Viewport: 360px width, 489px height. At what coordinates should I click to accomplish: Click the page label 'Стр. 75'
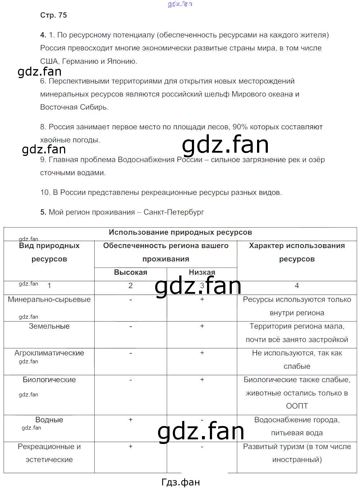[53, 15]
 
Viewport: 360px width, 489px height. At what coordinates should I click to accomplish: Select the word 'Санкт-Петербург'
[174, 212]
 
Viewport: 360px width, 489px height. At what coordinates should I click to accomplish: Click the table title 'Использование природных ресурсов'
[180, 232]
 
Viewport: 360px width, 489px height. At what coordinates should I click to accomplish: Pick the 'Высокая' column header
[130, 272]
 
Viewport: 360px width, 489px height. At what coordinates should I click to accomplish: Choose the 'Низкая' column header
[202, 272]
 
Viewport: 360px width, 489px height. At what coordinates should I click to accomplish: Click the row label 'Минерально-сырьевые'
[49, 299]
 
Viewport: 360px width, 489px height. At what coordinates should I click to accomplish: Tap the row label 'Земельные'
[49, 326]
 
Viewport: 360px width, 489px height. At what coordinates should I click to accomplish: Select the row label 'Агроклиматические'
[49, 353]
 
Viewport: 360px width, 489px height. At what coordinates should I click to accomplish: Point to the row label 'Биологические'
[49, 380]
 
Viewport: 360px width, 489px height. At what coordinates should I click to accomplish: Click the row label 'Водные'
[49, 420]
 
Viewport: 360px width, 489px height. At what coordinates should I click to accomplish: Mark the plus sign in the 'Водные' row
[130, 420]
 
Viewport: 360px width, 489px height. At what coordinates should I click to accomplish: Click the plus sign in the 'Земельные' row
[202, 326]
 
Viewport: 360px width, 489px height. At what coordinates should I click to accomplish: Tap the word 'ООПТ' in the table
[297, 406]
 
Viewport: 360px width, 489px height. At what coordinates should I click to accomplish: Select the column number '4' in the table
[297, 286]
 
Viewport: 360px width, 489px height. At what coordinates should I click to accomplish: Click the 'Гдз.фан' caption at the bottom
[180, 482]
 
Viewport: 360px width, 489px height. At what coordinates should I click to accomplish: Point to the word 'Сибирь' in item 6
[96, 107]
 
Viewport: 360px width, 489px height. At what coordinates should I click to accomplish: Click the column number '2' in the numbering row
[130, 286]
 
